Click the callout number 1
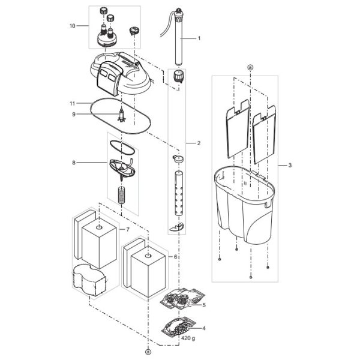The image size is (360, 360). click(199, 38)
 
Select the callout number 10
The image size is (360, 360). click(73, 26)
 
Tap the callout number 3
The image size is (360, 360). click(290, 166)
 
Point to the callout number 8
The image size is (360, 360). click(74, 163)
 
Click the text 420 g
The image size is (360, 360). click(188, 338)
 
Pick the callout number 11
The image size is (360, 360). click(73, 104)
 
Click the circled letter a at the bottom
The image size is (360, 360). click(148, 352)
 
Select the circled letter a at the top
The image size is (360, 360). click(250, 67)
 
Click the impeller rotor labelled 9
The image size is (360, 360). click(121, 115)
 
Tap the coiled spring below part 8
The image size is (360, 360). click(121, 195)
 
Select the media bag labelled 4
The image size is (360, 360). click(178, 326)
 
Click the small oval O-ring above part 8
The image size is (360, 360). click(122, 148)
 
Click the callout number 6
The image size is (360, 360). click(175, 257)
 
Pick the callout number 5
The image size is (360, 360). click(204, 305)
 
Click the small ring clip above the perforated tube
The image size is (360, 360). click(178, 158)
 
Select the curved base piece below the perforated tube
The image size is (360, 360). click(177, 227)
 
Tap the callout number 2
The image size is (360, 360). click(199, 143)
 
